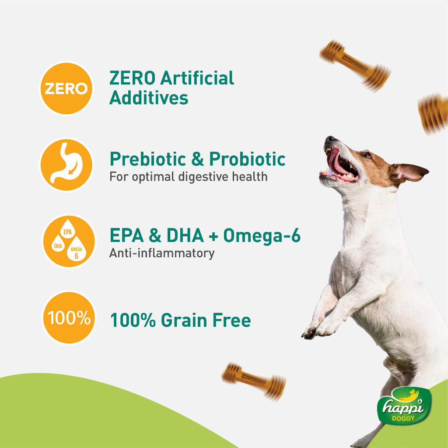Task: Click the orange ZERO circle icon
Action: tap(66, 88)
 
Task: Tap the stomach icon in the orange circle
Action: tap(66, 165)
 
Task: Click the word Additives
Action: tap(149, 98)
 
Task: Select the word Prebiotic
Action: tap(148, 159)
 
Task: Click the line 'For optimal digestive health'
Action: tap(188, 177)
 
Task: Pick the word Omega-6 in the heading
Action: tap(262, 236)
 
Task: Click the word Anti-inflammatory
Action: tap(162, 253)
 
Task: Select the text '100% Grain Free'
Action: tap(180, 321)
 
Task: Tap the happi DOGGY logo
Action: tap(404, 406)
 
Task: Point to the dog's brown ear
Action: tap(409, 171)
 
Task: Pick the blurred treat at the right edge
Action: tap(433, 114)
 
